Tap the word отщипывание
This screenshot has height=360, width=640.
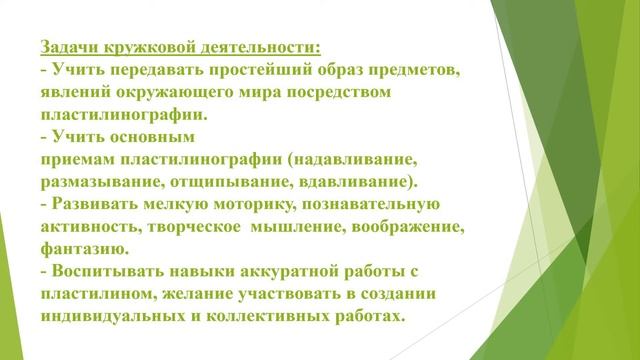[x=228, y=183]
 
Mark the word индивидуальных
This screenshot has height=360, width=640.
[x=119, y=316]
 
